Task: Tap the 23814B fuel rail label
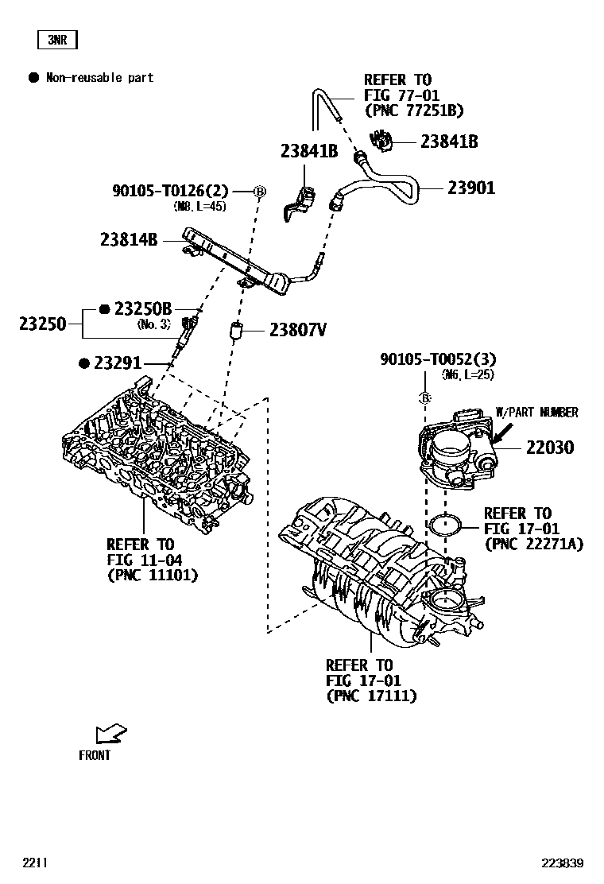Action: coord(129,238)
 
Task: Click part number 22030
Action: coord(549,448)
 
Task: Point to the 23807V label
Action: coord(297,330)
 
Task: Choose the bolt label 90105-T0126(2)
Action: coord(170,191)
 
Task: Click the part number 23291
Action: coord(117,363)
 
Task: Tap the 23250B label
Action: coord(143,308)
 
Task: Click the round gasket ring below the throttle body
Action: coord(447,525)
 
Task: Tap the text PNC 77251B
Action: coord(413,111)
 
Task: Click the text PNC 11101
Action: coord(152,575)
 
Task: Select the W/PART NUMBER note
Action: coord(536,412)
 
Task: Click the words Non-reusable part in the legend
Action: coord(99,78)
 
